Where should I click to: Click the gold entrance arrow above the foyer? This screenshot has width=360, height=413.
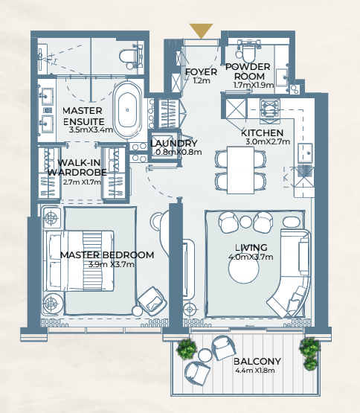tap(201, 30)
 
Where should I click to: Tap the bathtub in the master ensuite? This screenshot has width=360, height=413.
tap(127, 110)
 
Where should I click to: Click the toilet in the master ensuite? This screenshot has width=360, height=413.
tap(131, 57)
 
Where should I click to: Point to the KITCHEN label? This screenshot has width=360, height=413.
tap(262, 132)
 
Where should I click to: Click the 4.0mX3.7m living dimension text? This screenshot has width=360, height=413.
tap(251, 257)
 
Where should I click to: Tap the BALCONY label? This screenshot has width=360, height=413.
tap(257, 361)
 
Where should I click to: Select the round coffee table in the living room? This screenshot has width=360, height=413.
tap(244, 269)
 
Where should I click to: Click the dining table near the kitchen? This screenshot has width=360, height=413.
tap(241, 170)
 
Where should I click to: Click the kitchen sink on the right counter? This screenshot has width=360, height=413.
tap(305, 153)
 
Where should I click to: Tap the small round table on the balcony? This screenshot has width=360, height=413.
tap(205, 355)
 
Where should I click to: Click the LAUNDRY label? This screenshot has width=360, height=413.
tap(174, 144)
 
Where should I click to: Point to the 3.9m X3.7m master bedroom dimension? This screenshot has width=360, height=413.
tap(112, 264)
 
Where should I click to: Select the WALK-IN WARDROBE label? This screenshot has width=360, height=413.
tap(77, 167)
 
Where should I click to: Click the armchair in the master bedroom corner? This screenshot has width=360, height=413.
tap(152, 301)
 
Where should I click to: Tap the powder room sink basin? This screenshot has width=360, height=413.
tap(282, 77)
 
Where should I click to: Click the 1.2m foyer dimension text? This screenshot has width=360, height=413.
tap(202, 80)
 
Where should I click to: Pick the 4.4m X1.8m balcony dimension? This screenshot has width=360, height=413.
tap(255, 371)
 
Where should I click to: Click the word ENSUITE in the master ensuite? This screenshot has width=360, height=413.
tap(84, 122)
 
